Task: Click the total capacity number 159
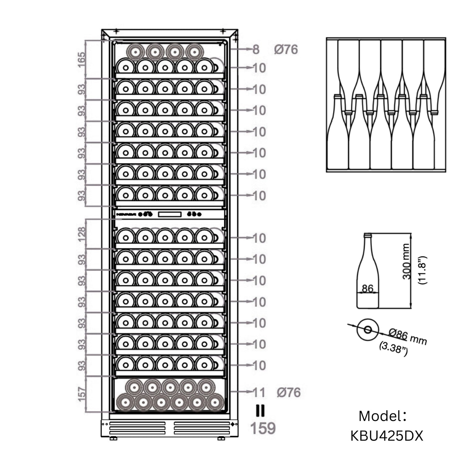click(263, 428)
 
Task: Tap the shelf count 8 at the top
click(256, 49)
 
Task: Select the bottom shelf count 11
click(259, 392)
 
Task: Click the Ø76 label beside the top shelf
click(286, 49)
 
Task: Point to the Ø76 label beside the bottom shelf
click(288, 392)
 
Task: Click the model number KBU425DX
click(387, 436)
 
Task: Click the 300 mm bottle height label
click(406, 261)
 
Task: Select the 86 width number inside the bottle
click(368, 288)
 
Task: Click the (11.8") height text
click(423, 270)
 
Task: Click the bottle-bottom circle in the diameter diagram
click(368, 330)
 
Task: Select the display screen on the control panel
click(170, 214)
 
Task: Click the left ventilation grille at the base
click(137, 428)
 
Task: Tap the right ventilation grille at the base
click(202, 428)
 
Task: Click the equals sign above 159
click(260, 411)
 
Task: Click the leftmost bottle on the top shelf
click(135, 52)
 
